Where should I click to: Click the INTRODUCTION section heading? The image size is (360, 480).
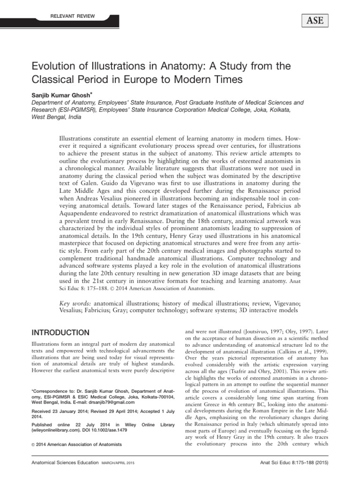(x=60, y=333)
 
